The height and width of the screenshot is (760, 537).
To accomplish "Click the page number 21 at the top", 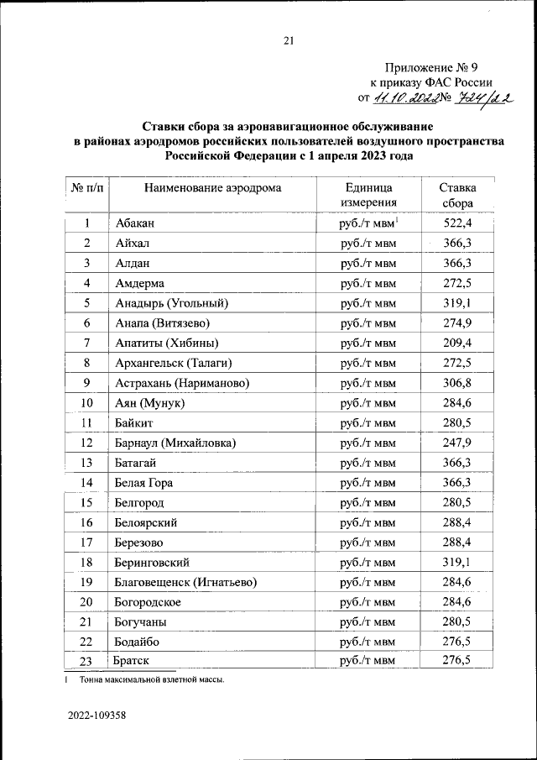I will tap(289, 40).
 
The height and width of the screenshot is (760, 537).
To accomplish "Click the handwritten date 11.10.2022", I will tap(407, 99).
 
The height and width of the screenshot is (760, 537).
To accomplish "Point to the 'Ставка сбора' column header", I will tap(458, 196).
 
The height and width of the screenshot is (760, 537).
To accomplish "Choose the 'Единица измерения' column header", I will tap(368, 196).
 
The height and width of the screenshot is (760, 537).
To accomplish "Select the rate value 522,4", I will tap(457, 223).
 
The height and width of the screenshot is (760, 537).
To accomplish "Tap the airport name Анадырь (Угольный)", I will tap(171, 303).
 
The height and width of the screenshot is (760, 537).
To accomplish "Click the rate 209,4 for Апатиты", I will tap(457, 343).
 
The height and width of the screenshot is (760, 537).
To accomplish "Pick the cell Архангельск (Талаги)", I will tap(172, 363).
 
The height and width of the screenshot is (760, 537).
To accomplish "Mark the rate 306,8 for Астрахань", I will tap(457, 383).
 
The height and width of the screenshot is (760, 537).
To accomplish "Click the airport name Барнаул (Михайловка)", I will tap(175, 443).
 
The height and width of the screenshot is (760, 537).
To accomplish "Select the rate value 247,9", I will tap(457, 443).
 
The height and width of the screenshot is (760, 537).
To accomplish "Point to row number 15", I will tap(86, 502).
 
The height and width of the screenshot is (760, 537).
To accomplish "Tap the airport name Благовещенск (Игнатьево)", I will tap(185, 582).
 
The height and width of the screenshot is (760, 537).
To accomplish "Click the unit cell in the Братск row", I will tap(368, 661).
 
